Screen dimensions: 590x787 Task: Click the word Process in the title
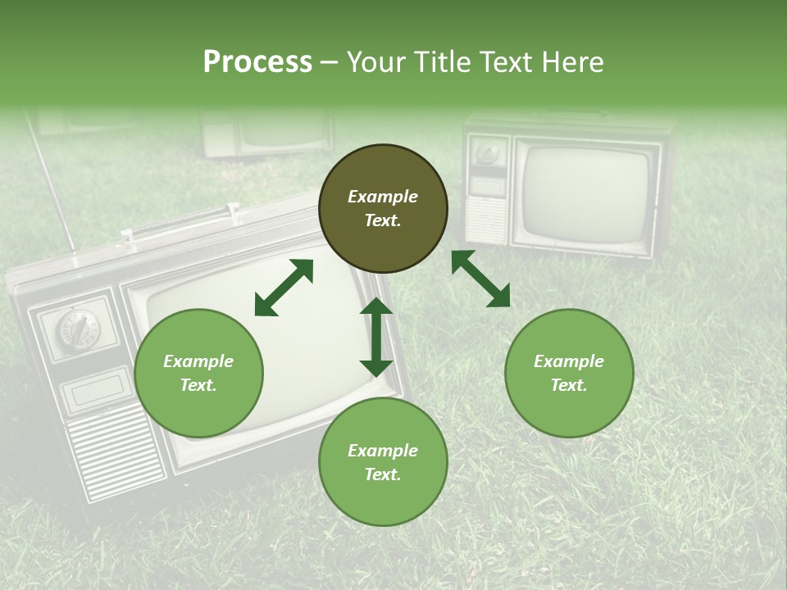[x=257, y=62]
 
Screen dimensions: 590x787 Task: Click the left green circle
[x=198, y=373]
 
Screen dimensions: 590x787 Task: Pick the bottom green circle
[x=383, y=462]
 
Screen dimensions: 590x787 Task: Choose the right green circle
[x=569, y=373]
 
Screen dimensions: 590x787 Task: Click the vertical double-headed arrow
[x=376, y=337]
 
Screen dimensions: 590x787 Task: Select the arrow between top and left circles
[x=284, y=288]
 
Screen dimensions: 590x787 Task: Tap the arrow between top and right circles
[x=480, y=279]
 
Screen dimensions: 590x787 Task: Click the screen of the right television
[x=585, y=193]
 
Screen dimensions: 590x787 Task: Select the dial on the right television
[x=488, y=153]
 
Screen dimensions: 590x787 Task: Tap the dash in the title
[x=330, y=62]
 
